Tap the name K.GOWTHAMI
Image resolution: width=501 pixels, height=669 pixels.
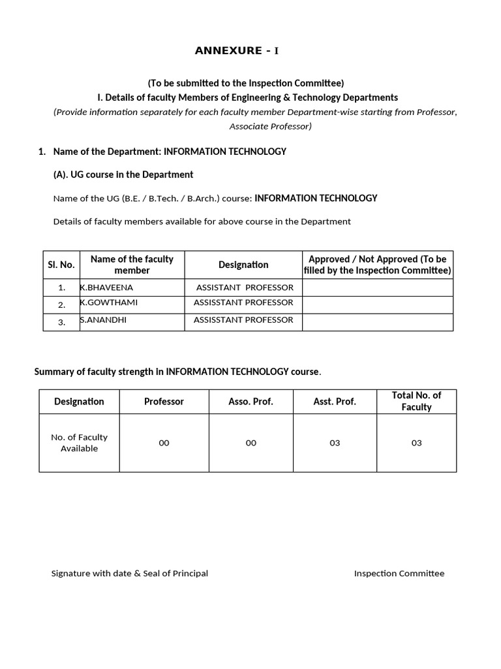pyautogui.click(x=109, y=303)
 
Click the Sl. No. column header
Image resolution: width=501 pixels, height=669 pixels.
pyautogui.click(x=61, y=265)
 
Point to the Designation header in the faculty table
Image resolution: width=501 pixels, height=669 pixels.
pyautogui.click(x=243, y=265)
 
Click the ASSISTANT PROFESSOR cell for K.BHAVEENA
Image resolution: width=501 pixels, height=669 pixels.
pyautogui.click(x=245, y=287)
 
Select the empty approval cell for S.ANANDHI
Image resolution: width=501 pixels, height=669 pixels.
pyautogui.click(x=378, y=322)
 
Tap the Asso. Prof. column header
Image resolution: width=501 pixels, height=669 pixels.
pyautogui.click(x=251, y=402)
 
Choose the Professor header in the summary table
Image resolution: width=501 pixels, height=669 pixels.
pyautogui.click(x=164, y=402)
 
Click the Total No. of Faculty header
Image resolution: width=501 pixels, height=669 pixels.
pyautogui.click(x=416, y=401)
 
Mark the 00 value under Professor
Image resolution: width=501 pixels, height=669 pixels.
pyautogui.click(x=164, y=443)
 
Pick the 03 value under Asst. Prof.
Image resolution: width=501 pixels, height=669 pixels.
pyautogui.click(x=335, y=443)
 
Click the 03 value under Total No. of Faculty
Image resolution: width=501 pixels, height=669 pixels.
pyautogui.click(x=416, y=443)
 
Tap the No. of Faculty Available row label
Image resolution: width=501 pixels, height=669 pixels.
pyautogui.click(x=79, y=443)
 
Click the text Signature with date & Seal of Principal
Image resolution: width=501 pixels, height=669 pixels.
pyautogui.click(x=130, y=574)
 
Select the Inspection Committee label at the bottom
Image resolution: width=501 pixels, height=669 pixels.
pyautogui.click(x=399, y=574)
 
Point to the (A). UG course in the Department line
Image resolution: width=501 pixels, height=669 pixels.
pyautogui.click(x=123, y=175)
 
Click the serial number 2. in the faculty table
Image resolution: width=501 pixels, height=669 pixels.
pyautogui.click(x=61, y=305)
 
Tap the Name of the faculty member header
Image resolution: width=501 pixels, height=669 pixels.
pyautogui.click(x=132, y=265)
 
